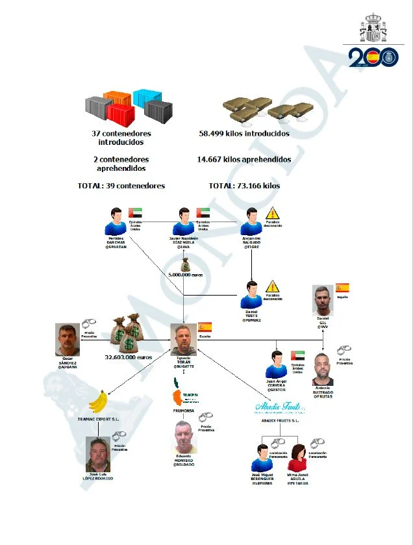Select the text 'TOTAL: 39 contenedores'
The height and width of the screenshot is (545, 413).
pyautogui.click(x=121, y=186)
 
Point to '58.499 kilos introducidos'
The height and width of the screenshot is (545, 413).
pyautogui.click(x=244, y=134)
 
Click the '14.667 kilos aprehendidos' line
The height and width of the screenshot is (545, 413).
pyautogui.click(x=244, y=159)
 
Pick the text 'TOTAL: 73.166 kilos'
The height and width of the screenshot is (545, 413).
pyautogui.click(x=244, y=186)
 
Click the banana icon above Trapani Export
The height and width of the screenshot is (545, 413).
pyautogui.click(x=98, y=401)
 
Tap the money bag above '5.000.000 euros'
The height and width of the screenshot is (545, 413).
pyautogui.click(x=186, y=265)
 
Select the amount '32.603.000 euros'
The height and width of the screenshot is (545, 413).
pyautogui.click(x=129, y=357)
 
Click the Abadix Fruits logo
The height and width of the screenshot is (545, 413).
pyautogui.click(x=276, y=408)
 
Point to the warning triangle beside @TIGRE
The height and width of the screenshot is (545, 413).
pyautogui.click(x=272, y=212)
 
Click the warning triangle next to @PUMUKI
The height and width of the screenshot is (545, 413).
pyautogui.click(x=272, y=285)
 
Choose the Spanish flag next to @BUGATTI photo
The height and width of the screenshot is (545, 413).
pyautogui.click(x=205, y=327)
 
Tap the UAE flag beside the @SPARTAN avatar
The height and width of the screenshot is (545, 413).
pyautogui.click(x=136, y=212)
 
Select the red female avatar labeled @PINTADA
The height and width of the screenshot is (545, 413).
pyautogui.click(x=297, y=458)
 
